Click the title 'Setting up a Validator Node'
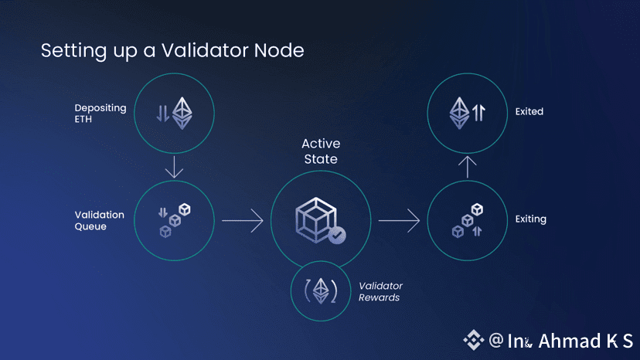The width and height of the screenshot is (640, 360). (172, 51)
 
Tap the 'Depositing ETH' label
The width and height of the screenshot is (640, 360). (100, 114)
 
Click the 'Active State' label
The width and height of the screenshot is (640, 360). (320, 151)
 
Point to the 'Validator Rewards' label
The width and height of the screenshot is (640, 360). (380, 291)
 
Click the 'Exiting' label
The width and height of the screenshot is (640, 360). (530, 219)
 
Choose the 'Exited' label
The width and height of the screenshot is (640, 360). (529, 112)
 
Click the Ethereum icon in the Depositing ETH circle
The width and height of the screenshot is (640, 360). (181, 113)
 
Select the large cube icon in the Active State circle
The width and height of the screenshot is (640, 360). (315, 219)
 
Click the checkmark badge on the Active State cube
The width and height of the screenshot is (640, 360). (336, 236)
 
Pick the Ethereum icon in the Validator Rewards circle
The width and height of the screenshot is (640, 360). (319, 290)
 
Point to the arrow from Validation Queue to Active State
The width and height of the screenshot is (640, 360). (243, 221)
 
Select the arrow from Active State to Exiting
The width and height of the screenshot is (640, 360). (399, 221)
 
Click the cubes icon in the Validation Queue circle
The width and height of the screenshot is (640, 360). (175, 220)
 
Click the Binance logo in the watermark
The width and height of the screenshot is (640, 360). (473, 340)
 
